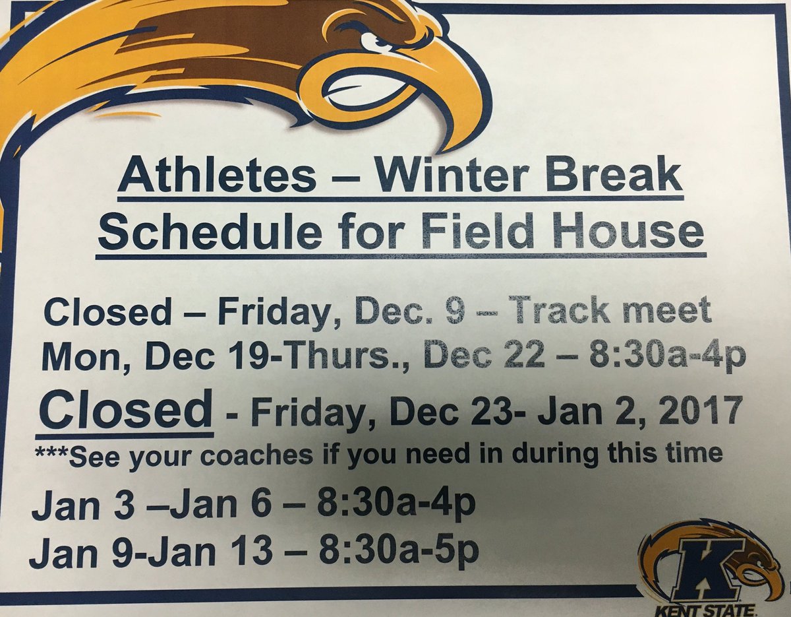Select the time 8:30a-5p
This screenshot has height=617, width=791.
399,553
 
